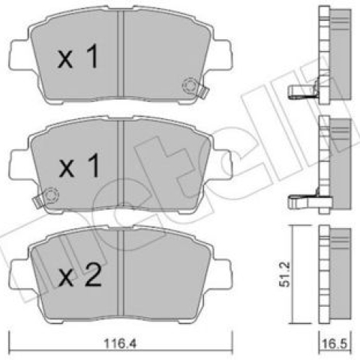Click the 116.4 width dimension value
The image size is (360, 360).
pos(120,344)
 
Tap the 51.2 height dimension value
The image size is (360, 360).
pos(285,274)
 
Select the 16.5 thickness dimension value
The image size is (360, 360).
pos(334,344)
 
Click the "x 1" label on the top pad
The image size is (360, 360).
pos(78,56)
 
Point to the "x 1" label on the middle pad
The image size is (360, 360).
pos(79,166)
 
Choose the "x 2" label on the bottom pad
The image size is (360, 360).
pos(79,275)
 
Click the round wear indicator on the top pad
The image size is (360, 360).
pos(190,86)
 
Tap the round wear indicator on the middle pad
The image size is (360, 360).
pos(51,195)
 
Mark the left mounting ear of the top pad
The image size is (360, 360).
pos(21,55)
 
